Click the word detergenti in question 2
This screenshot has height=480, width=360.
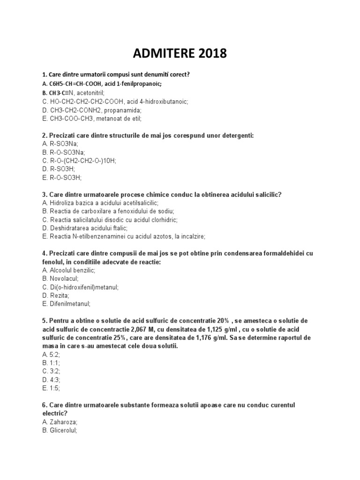coord(237,135)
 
